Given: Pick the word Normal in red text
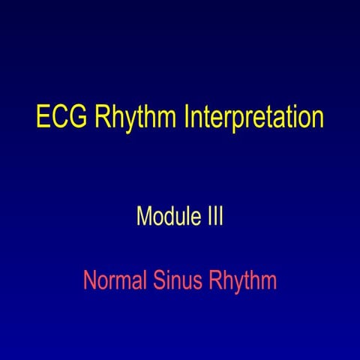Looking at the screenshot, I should coord(112,281).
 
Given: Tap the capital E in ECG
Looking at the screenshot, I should coord(43,118).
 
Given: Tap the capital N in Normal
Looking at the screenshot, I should coord(89,281).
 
